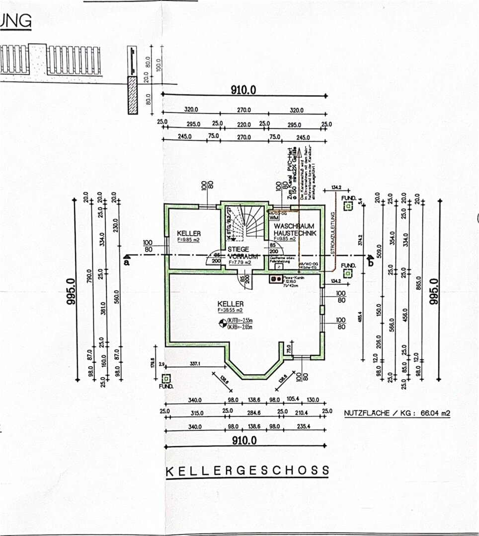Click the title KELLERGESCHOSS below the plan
pos(247,470)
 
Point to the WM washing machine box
pos(273,217)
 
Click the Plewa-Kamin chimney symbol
pos(274,279)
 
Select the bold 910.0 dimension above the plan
pos(243,90)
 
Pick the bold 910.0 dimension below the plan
pos(243,440)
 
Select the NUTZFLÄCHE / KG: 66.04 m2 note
pos(397,413)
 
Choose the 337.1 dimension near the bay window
pos(195,364)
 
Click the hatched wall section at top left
pos(133,95)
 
